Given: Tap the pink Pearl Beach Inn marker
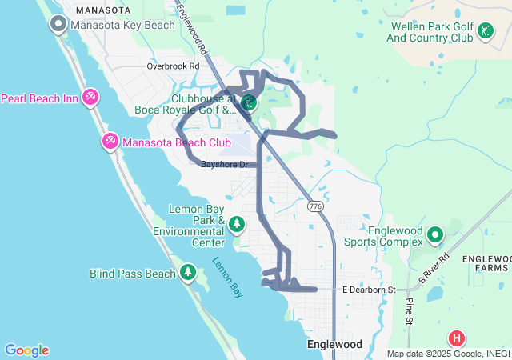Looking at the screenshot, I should (x=90, y=98).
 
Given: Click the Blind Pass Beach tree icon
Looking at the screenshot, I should (x=188, y=273).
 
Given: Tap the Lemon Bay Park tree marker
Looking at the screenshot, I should (x=237, y=224).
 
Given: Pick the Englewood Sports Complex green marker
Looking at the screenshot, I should (x=434, y=234).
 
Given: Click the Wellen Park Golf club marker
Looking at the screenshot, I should (x=484, y=31).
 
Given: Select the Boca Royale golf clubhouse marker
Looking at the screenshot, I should (x=249, y=102).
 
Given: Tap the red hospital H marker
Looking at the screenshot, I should (x=457, y=338).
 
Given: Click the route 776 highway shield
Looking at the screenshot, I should (x=315, y=206).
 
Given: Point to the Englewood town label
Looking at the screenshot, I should (x=334, y=345).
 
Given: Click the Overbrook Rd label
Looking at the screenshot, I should (x=173, y=66).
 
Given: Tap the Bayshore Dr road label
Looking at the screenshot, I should (x=225, y=165).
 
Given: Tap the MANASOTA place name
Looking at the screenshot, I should (x=102, y=10).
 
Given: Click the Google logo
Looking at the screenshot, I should (x=26, y=350).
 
